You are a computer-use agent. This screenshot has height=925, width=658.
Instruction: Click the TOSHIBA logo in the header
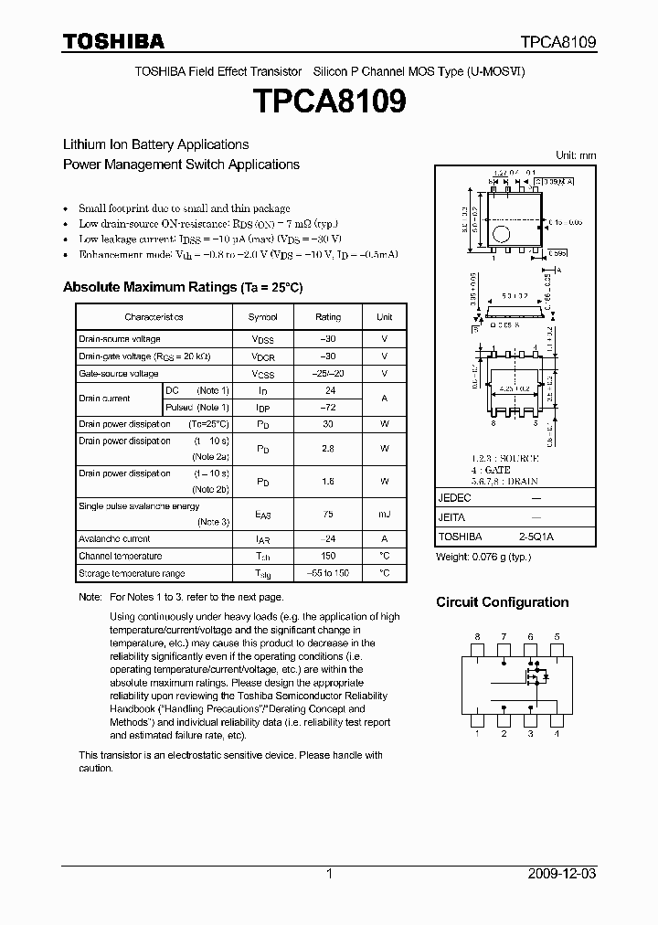[113, 41]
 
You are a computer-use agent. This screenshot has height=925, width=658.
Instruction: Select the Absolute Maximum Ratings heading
[182, 287]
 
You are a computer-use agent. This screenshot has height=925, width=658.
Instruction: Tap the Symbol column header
[263, 317]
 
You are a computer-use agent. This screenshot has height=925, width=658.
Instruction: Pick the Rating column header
[328, 317]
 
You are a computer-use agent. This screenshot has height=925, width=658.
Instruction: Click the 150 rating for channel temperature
[328, 556]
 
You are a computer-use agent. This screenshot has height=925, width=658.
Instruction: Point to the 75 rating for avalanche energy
[328, 514]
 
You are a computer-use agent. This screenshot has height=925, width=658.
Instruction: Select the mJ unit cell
[384, 514]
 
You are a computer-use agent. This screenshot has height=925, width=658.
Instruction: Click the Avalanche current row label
[114, 539]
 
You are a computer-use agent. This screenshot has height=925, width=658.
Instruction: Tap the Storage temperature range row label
[132, 573]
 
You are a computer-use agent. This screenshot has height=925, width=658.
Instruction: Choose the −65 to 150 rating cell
[328, 573]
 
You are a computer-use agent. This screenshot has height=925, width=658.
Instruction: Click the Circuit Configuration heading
[502, 602]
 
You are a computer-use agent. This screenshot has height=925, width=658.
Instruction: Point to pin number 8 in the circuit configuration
[477, 636]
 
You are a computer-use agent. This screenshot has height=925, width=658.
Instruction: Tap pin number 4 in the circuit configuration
[557, 733]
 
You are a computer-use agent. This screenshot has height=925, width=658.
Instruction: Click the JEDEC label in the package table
[454, 498]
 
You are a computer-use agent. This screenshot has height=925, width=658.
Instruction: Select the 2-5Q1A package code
[536, 537]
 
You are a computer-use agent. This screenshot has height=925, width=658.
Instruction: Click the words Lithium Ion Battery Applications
[155, 144]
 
